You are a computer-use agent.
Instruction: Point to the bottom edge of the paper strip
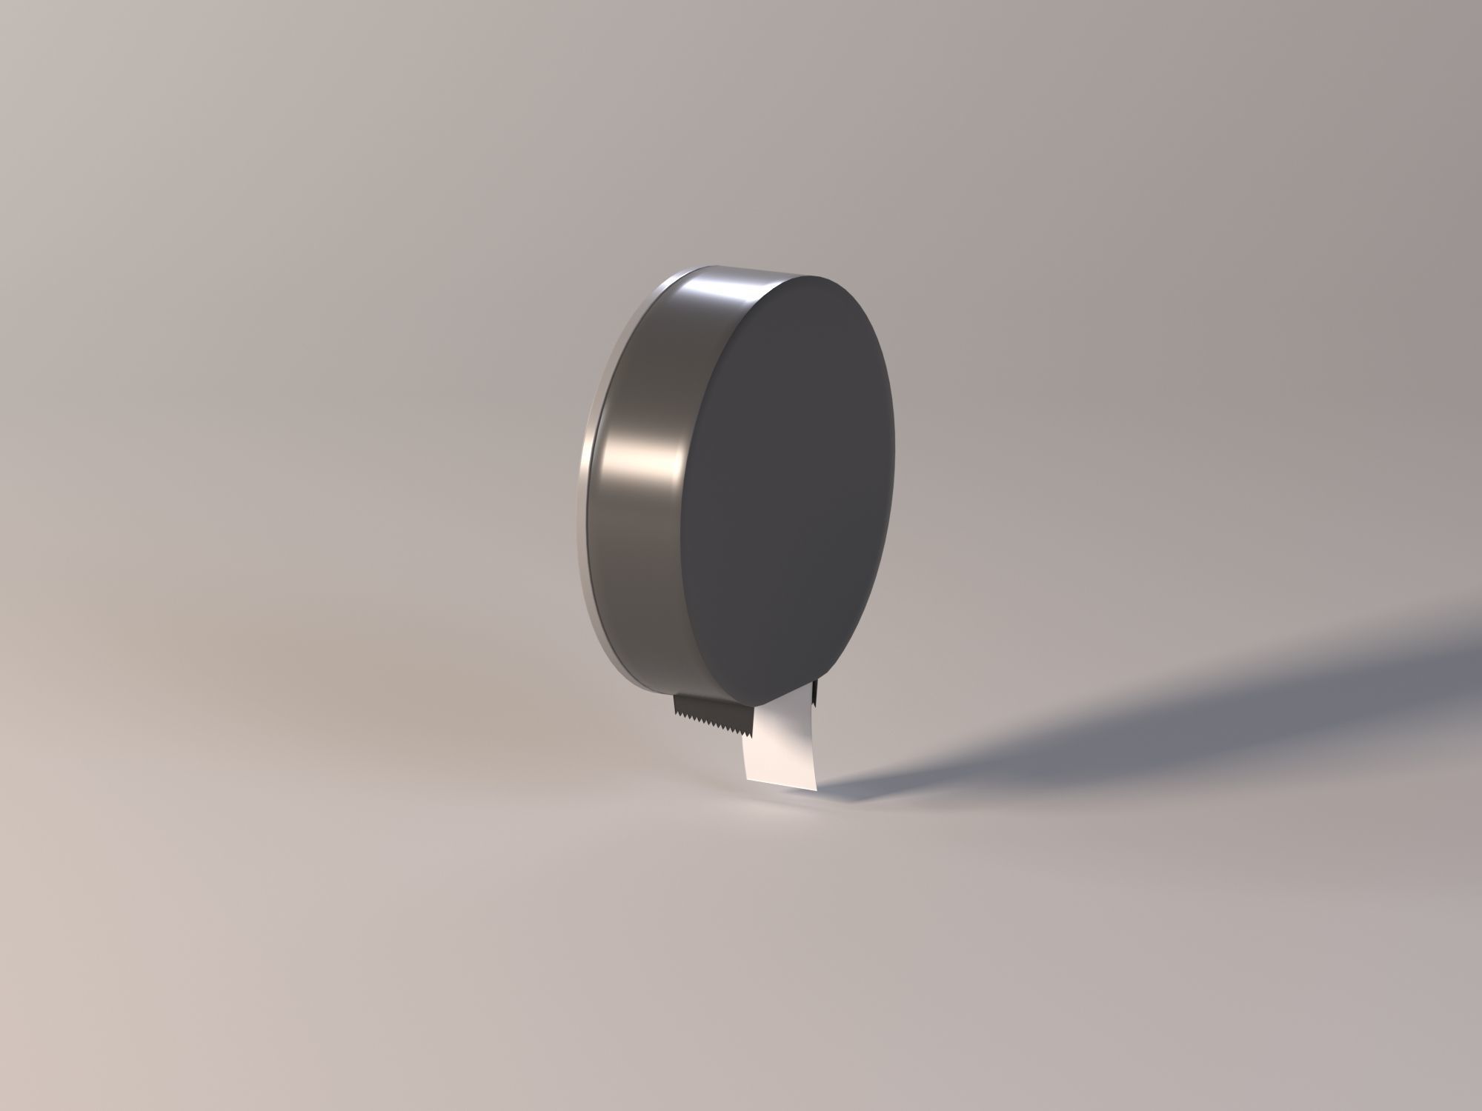(x=780, y=781)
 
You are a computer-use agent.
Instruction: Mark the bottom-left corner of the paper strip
(x=746, y=777)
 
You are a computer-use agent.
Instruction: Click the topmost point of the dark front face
(x=815, y=276)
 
